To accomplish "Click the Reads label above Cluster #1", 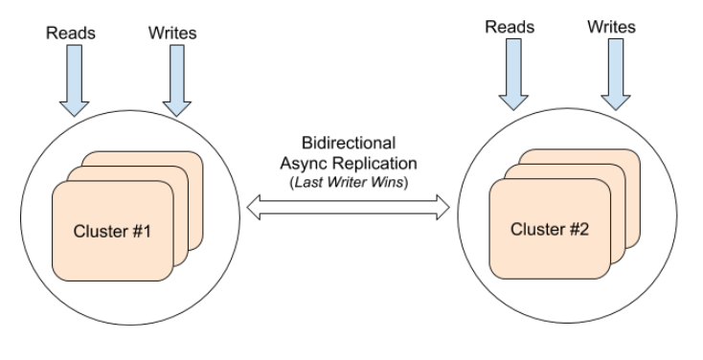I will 71,34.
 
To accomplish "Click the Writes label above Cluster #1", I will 172,34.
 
